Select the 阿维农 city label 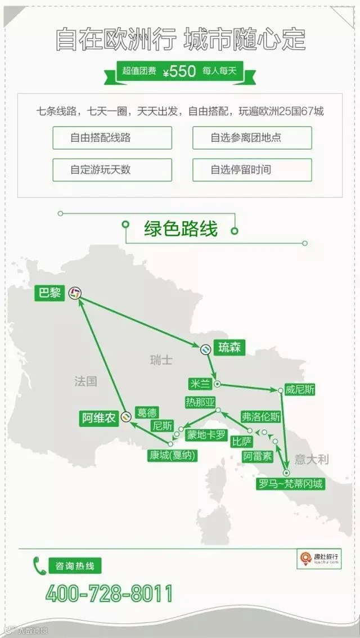[x=99, y=418]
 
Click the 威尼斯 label [x=299, y=390]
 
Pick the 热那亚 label [x=200, y=402]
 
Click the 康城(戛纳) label [x=173, y=456]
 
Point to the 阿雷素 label [x=258, y=456]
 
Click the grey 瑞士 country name [x=161, y=360]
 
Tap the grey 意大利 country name [x=312, y=460]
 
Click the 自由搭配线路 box [x=112, y=138]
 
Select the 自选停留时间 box [x=252, y=170]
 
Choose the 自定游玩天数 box [x=112, y=170]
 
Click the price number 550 [x=183, y=71]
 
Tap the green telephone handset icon [x=39, y=566]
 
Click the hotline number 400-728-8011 [x=109, y=594]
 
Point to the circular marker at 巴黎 [x=75, y=293]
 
